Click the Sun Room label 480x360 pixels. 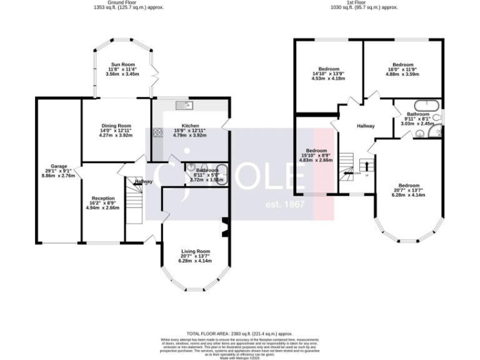[122, 64]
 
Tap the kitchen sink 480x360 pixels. [184, 104]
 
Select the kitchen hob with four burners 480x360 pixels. [157, 132]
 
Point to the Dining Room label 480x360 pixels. [116, 126]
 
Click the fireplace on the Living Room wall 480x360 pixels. [225, 227]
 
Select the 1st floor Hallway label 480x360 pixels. [366, 126]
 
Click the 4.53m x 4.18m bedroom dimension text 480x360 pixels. [328, 78]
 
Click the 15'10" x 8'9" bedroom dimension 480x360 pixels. [317, 155]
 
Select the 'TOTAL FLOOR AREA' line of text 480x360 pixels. [239, 334]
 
